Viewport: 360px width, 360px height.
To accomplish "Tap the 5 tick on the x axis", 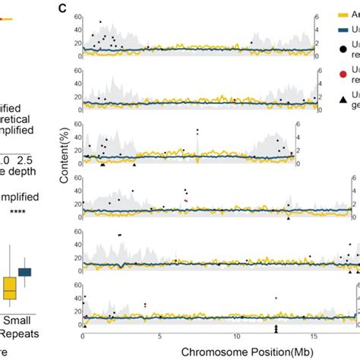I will click(159, 336).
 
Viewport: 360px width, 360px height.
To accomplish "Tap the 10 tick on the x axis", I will click(237, 336).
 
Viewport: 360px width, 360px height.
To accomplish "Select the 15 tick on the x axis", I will click(314, 336).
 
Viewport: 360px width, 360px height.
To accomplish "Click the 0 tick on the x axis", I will click(82, 336).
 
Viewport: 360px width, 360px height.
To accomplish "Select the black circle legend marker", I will click(343, 49).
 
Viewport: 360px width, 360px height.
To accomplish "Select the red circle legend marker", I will click(343, 74).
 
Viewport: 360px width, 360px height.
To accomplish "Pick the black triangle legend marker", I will click(343, 99).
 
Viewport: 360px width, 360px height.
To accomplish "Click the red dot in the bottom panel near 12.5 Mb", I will click(276, 298).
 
